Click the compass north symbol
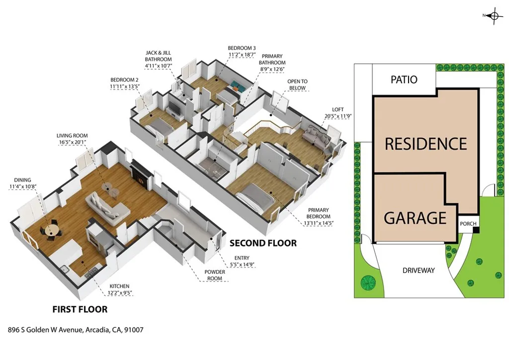pyautogui.click(x=494, y=16)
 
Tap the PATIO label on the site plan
pyautogui.click(x=404, y=80)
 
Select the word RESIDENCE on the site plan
pyautogui.click(x=426, y=144)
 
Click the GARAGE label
pyautogui.click(x=415, y=218)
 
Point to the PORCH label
pyautogui.click(x=468, y=224)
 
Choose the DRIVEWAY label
pyautogui.click(x=418, y=270)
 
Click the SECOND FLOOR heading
pyautogui.click(x=263, y=243)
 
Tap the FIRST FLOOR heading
pyautogui.click(x=80, y=309)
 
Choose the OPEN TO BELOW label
pyautogui.click(x=297, y=85)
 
